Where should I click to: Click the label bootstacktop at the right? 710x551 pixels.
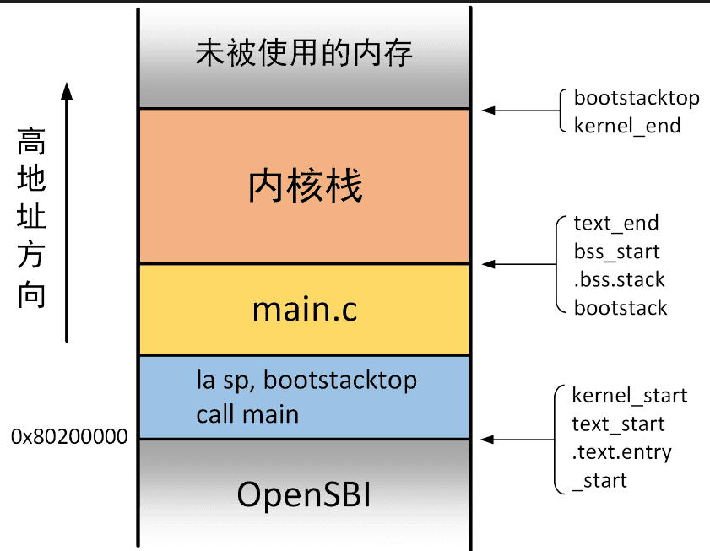pyautogui.click(x=637, y=98)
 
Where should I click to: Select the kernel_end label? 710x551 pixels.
pyautogui.click(x=627, y=126)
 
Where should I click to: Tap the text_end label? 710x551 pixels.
pyautogui.click(x=615, y=224)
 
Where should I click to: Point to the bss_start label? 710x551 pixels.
pyautogui.click(x=617, y=251)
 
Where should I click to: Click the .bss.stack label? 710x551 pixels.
pyautogui.click(x=619, y=280)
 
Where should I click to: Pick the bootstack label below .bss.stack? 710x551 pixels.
pyautogui.click(x=621, y=308)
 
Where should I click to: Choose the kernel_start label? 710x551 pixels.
pyautogui.click(x=630, y=396)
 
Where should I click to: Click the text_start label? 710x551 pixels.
pyautogui.click(x=618, y=424)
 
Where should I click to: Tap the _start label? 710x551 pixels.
pyautogui.click(x=599, y=481)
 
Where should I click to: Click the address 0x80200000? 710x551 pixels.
pyautogui.click(x=69, y=437)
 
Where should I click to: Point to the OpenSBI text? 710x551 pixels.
pyautogui.click(x=304, y=494)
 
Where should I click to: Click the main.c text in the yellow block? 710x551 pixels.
pyautogui.click(x=305, y=310)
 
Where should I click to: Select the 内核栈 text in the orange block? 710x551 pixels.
pyautogui.click(x=306, y=185)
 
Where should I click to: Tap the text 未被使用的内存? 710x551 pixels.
pyautogui.click(x=304, y=53)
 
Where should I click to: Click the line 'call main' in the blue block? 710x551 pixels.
pyautogui.click(x=247, y=414)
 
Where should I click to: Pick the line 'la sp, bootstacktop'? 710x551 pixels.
pyautogui.click(x=306, y=381)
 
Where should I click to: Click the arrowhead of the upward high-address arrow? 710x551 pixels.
pyautogui.click(x=67, y=91)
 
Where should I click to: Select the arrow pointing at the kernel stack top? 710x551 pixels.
pyautogui.click(x=521, y=110)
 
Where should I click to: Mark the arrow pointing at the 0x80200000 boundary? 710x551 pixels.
pyautogui.click(x=518, y=439)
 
